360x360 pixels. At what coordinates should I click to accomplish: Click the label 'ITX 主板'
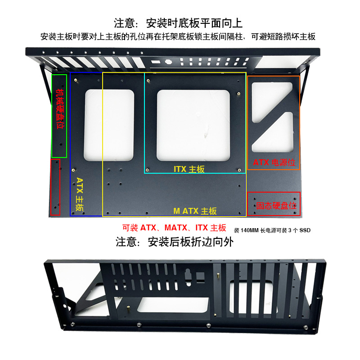[189, 169]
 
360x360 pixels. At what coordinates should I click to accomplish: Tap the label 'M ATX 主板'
[195, 211]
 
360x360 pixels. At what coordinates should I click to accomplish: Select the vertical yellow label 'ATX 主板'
[80, 194]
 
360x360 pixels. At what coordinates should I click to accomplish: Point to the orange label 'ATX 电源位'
[274, 162]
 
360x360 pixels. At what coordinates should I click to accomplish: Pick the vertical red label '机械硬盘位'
[59, 108]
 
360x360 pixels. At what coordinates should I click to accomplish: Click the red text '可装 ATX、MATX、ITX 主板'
[175, 228]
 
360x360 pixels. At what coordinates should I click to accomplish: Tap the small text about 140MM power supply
[272, 230]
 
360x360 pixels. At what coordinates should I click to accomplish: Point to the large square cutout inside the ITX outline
[193, 125]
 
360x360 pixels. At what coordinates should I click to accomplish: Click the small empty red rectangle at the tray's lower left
[55, 187]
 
